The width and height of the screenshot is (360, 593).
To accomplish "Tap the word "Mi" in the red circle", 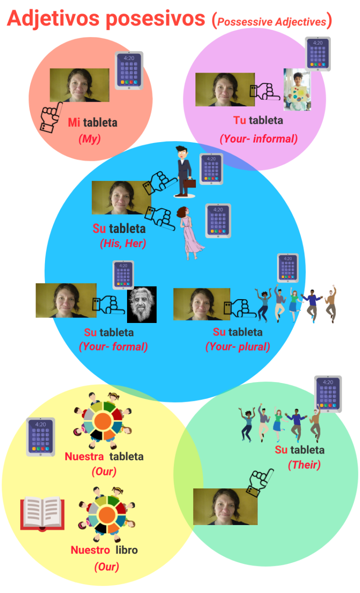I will pyautogui.click(x=74, y=123).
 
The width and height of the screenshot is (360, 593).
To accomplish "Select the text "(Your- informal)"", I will pyautogui.click(x=258, y=139).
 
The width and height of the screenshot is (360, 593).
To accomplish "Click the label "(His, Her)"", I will pyautogui.click(x=122, y=244).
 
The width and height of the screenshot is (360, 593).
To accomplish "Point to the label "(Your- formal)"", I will pyautogui.click(x=113, y=347).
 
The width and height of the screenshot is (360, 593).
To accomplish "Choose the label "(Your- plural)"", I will pyautogui.click(x=238, y=347).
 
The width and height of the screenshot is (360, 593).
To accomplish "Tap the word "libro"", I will pyautogui.click(x=127, y=550).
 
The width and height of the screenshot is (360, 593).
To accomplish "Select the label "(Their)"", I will pyautogui.click(x=304, y=465).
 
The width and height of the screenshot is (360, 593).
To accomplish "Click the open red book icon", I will pyautogui.click(x=42, y=513).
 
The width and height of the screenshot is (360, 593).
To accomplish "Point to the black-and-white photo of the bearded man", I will pyautogui.click(x=142, y=305).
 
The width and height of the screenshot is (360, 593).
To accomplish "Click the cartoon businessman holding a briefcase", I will pyautogui.click(x=183, y=171).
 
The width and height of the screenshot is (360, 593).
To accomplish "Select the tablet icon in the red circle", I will pyautogui.click(x=129, y=71).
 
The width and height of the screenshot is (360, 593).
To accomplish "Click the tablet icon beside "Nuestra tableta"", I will pyautogui.click(x=40, y=436).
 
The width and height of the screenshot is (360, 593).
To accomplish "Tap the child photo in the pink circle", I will pyautogui.click(x=297, y=90).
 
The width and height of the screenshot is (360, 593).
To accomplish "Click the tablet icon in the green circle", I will pyautogui.click(x=328, y=394).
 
